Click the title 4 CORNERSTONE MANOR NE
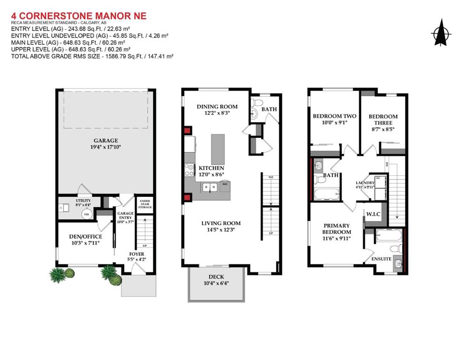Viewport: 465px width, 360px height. (x=79, y=16)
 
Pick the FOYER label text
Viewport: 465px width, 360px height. (x=137, y=254)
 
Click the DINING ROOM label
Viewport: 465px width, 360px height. (x=217, y=106)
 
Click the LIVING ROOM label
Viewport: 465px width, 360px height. (x=221, y=223)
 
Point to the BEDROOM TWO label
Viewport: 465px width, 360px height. (x=334, y=116)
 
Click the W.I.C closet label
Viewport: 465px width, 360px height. (x=373, y=215)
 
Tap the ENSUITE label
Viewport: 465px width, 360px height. (x=382, y=259)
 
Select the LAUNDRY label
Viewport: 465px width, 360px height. (x=365, y=183)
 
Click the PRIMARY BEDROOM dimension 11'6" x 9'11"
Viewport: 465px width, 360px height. (x=336, y=238)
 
